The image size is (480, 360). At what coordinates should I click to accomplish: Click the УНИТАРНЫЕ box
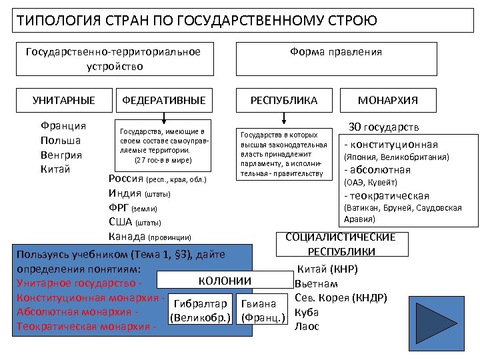63,101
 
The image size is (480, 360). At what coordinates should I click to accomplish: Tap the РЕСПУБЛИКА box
284,101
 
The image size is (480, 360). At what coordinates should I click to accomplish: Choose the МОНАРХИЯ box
387,101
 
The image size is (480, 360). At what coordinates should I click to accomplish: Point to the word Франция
63,125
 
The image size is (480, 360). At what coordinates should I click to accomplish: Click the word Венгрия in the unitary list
61,155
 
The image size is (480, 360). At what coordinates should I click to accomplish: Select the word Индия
125,193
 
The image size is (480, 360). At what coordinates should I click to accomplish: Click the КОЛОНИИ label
225,281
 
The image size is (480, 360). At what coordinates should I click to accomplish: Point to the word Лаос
307,327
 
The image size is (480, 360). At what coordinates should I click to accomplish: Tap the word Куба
307,312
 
